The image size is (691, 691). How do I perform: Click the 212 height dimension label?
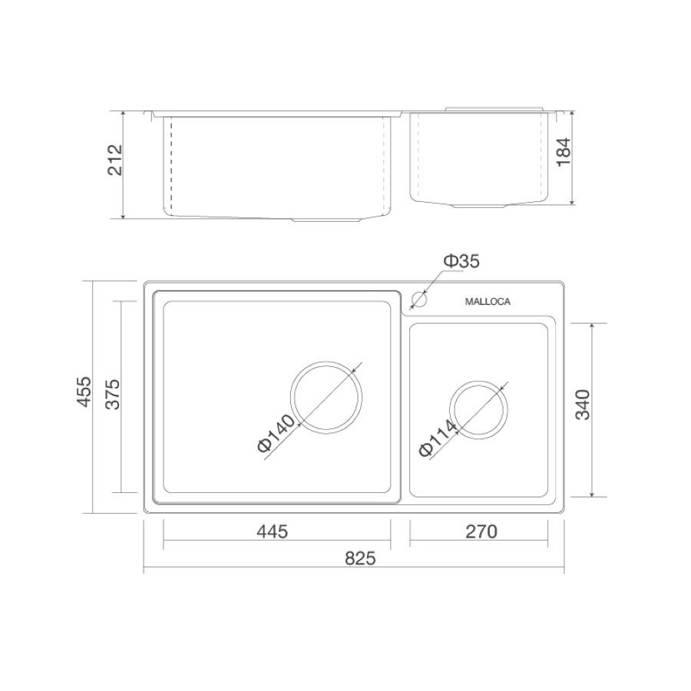click(x=115, y=160)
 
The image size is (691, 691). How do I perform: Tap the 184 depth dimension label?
click(x=564, y=152)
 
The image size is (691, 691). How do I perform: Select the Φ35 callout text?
click(x=461, y=261)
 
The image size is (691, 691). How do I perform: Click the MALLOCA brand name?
click(x=488, y=302)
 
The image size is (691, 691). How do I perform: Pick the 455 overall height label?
click(x=84, y=392)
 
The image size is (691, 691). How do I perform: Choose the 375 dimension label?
click(x=113, y=395)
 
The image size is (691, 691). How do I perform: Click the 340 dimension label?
click(x=583, y=405)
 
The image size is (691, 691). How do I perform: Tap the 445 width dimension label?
click(x=273, y=531)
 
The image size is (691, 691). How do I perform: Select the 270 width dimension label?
click(x=481, y=531)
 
